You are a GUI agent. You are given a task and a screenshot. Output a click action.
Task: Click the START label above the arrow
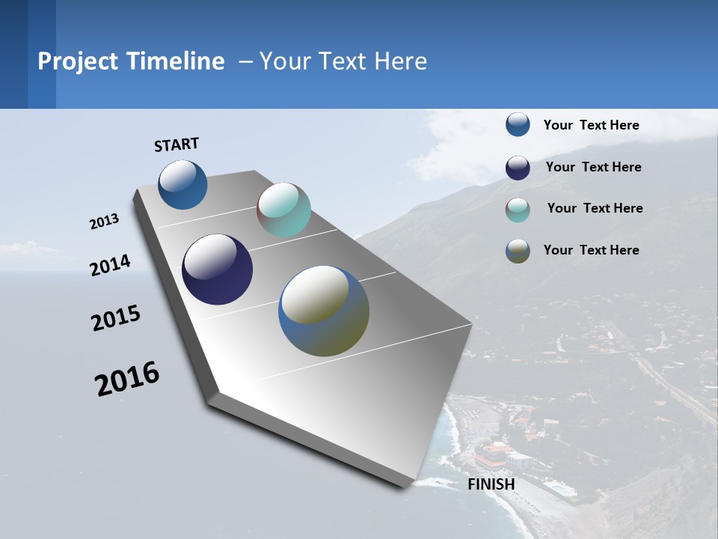tap(177, 144)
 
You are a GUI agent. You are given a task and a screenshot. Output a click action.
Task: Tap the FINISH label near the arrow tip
tap(491, 484)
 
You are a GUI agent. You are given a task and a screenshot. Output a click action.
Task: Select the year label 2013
tap(104, 222)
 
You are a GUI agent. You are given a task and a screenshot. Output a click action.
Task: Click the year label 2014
tap(110, 266)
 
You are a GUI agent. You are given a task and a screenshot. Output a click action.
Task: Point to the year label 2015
tap(116, 318)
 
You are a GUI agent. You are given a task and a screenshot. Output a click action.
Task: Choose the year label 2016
tap(127, 379)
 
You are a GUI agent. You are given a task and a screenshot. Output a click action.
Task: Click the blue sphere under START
tap(182, 185)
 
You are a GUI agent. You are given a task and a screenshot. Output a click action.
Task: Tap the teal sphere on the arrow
tap(283, 210)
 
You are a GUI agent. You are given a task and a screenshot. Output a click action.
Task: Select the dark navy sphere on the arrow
tap(217, 269)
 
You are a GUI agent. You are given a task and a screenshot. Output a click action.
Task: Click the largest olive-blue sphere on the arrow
tap(324, 311)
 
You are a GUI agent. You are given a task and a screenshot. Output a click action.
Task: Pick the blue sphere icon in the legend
tap(518, 124)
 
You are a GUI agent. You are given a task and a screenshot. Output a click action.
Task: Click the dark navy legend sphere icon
tap(518, 168)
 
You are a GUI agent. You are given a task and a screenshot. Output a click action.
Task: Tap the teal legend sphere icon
tap(518, 210)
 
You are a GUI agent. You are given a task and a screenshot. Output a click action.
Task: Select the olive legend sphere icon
tap(518, 252)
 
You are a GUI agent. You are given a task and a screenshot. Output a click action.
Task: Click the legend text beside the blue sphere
tap(591, 125)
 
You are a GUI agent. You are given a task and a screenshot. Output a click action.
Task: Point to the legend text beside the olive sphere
tap(591, 250)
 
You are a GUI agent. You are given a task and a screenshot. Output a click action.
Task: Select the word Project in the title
tap(77, 61)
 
